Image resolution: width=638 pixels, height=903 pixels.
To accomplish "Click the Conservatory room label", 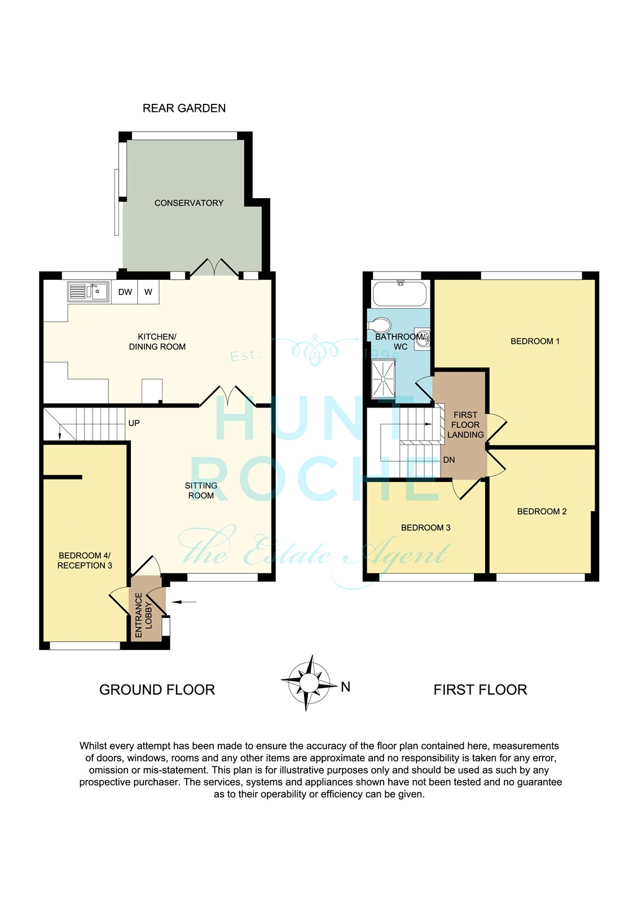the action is [x=189, y=203].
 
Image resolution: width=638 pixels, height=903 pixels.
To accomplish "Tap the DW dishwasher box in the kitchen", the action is [x=125, y=292].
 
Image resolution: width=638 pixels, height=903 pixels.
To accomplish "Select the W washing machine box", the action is [x=148, y=292].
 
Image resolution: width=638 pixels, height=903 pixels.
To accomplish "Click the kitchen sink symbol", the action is [x=88, y=291].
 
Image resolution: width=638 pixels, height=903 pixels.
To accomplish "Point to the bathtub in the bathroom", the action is [x=399, y=293].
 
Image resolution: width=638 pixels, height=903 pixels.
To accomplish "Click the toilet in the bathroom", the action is [x=380, y=325].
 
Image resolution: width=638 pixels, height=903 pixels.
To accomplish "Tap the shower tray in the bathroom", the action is [x=383, y=378].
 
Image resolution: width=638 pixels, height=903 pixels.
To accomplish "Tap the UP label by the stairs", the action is [x=134, y=423].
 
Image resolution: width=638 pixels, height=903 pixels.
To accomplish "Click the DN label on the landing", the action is [x=449, y=460].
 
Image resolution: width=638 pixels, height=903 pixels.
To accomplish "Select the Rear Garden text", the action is [x=184, y=108].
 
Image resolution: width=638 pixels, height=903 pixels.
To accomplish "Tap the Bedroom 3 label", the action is [x=425, y=528].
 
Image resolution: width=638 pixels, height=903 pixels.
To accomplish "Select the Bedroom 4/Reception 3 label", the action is [x=85, y=560].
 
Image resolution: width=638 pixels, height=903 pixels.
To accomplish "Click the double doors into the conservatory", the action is [x=214, y=268].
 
